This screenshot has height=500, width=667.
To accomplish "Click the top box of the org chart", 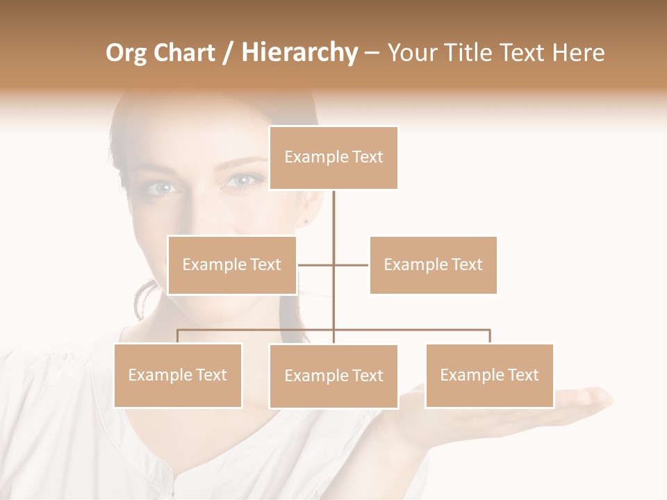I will [333, 158].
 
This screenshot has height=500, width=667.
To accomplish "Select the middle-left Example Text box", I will [232, 265].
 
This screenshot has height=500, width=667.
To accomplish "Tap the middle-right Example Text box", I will [433, 265].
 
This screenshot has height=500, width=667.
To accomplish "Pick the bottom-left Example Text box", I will [178, 375].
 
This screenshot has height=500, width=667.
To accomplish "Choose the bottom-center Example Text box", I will [333, 376].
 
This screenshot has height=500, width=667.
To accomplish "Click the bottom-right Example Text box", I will [489, 375].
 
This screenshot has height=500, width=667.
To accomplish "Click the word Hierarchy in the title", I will [299, 53].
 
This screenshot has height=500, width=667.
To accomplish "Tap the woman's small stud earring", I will [306, 222].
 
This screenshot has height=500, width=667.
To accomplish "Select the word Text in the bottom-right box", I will [523, 375].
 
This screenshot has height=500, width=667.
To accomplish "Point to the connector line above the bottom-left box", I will [178, 336].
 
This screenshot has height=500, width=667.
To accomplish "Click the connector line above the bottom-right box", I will [490, 336].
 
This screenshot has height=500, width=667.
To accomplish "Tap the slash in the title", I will [227, 53].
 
